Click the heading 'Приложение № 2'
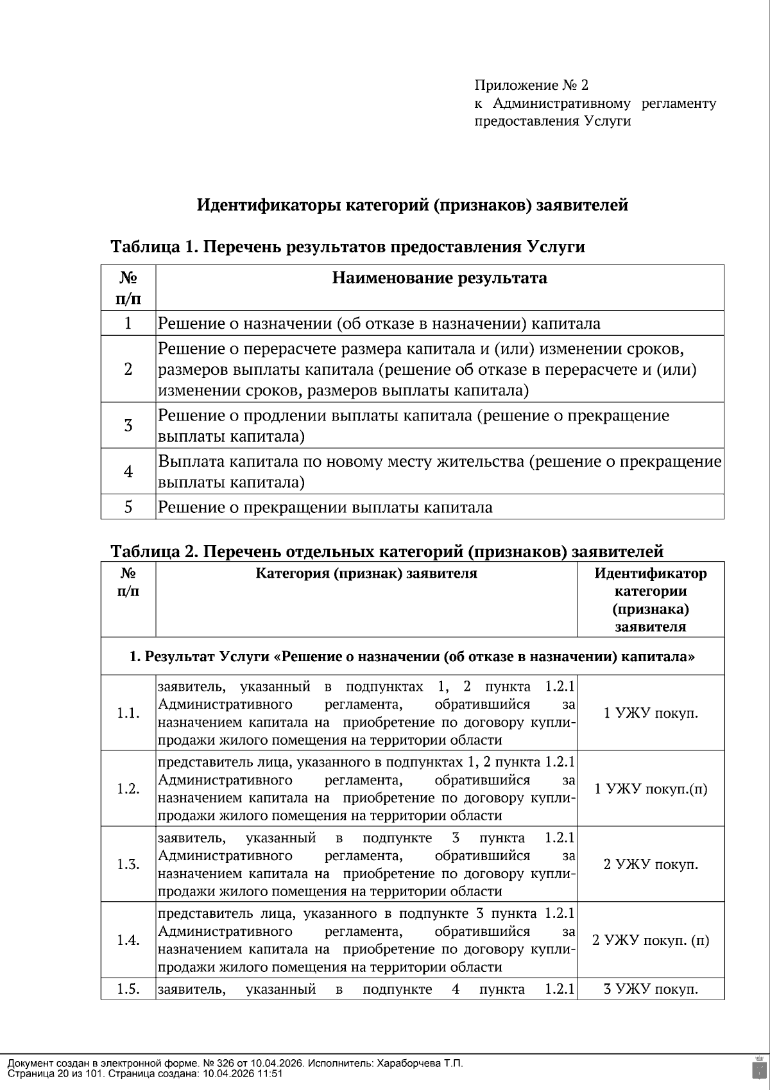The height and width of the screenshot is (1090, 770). pos(531,85)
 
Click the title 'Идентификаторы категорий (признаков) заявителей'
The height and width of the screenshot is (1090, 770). pos(412,205)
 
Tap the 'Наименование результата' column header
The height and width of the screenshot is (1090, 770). pos(440,278)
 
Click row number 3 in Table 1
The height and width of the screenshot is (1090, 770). pos(128,425)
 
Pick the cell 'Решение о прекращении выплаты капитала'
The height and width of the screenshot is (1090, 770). pos(325,507)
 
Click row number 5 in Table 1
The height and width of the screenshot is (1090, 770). pos(128,507)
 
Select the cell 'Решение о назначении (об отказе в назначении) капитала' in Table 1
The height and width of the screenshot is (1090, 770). pos(379,323)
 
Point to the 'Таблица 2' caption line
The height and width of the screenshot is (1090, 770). pos(387,551)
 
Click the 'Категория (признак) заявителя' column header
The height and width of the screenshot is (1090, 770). pos(366,573)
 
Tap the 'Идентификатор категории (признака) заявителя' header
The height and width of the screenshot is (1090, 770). pos(650,600)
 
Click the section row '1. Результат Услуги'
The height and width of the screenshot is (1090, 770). pos(412,657)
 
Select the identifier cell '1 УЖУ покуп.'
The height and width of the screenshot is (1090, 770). pos(651,713)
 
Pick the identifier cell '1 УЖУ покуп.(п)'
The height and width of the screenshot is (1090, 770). pos(651,789)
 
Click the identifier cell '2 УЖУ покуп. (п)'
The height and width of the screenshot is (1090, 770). pos(651,940)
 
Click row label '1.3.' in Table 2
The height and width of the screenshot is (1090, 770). pos(128,865)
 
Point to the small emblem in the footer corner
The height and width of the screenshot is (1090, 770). pos(758,1068)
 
